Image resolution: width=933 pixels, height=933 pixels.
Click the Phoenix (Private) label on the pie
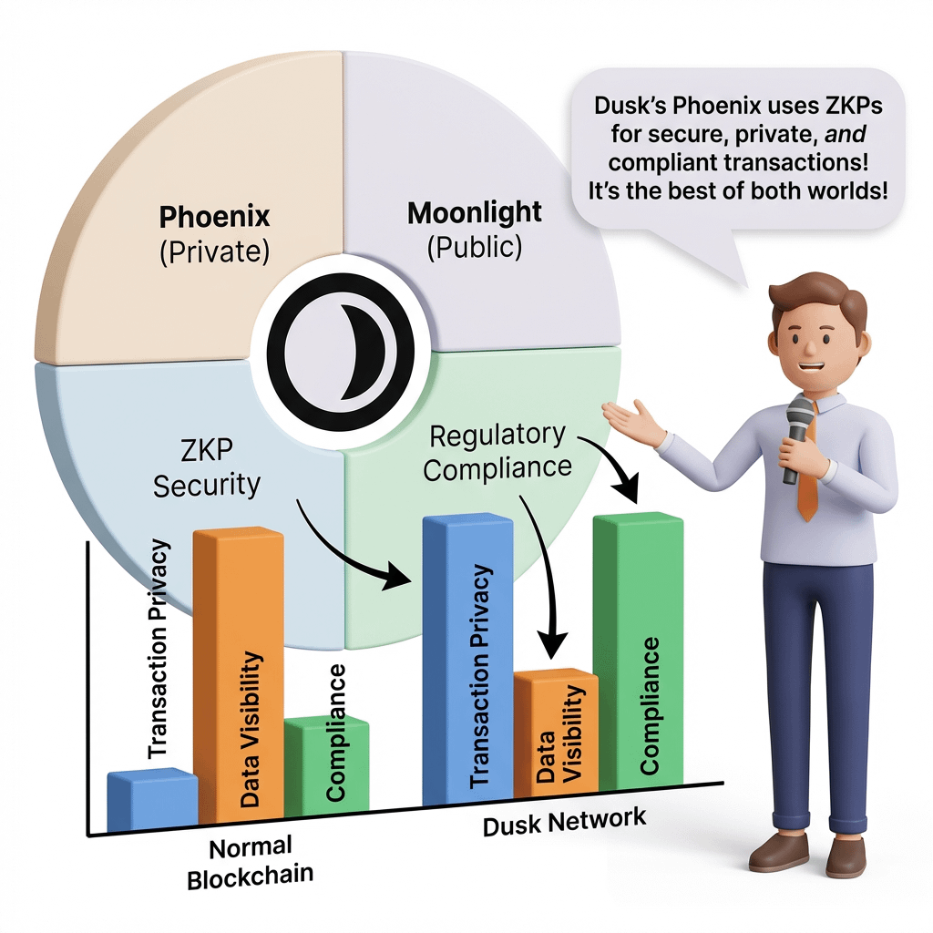215,233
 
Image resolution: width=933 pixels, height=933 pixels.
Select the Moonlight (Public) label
474,229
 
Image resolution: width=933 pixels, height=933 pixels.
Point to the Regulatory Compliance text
497,453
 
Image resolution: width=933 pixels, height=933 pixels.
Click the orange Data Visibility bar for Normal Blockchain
239,674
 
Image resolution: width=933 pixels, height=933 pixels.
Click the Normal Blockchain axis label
249,863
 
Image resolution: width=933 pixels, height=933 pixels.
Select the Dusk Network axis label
564,821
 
